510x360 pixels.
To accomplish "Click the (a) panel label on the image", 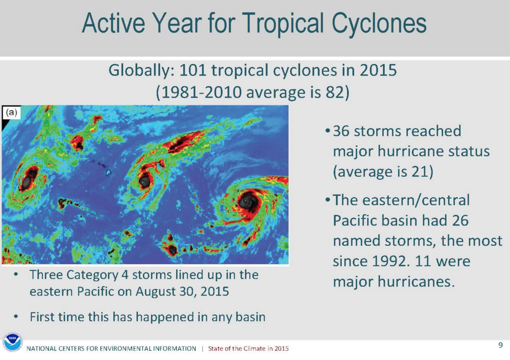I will click(12, 112).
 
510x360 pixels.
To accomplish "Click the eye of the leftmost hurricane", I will click(26, 181).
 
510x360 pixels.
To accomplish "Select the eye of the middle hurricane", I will click(145, 181).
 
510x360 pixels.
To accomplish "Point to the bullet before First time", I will click(18, 317).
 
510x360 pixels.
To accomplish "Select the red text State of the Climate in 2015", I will click(248, 348).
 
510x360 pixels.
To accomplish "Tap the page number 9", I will click(500, 345).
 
